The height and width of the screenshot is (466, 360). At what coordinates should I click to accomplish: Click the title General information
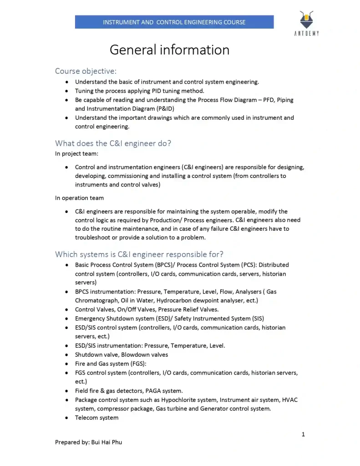pos(169,50)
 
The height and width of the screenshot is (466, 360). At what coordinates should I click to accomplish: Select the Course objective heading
pos(86,71)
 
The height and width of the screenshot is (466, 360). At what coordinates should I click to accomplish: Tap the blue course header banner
pos(174,22)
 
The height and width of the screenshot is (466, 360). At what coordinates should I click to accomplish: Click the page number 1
pos(303,434)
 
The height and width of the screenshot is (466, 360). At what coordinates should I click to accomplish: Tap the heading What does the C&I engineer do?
pos(113,143)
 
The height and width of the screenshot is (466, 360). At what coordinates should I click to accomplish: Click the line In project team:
pos(76,154)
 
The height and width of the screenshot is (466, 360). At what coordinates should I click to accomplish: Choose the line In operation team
pos(79,198)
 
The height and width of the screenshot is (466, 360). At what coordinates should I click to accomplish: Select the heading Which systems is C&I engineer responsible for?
pos(139,254)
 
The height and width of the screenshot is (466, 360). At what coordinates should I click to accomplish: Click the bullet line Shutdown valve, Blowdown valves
pos(122,355)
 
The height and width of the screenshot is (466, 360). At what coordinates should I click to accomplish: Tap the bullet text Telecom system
pos(96,418)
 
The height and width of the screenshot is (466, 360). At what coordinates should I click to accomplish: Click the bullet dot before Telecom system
pos(66,418)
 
